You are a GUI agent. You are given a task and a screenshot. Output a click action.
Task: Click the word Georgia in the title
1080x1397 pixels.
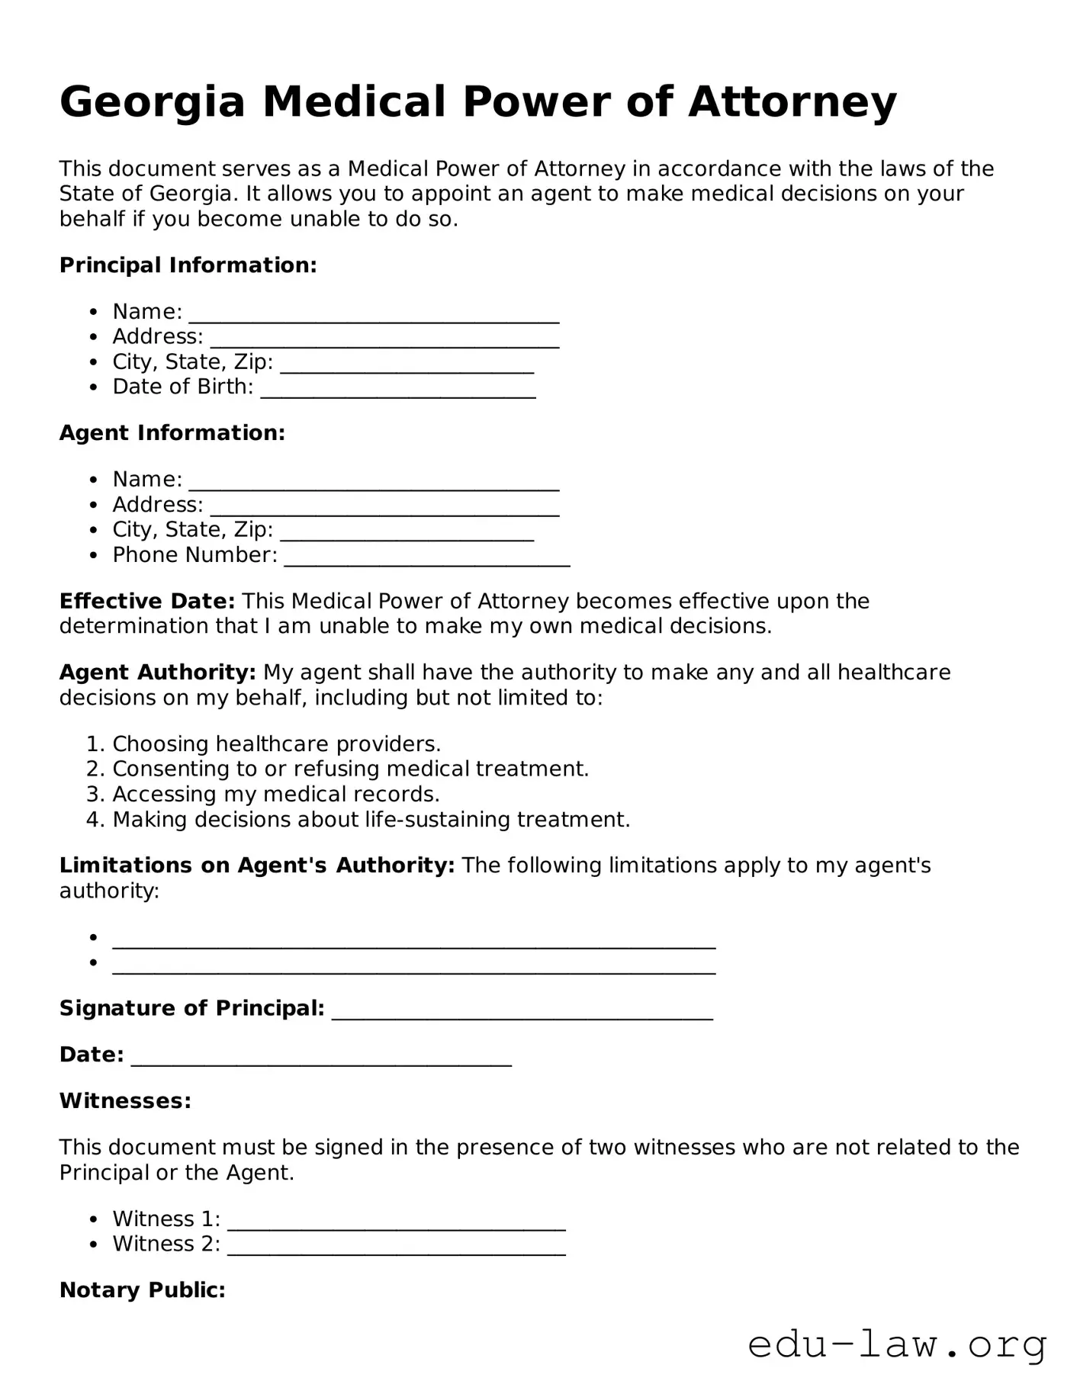(x=152, y=102)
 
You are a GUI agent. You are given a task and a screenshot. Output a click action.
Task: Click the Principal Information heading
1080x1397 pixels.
(x=188, y=265)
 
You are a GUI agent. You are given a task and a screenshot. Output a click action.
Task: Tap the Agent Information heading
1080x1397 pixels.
(x=172, y=433)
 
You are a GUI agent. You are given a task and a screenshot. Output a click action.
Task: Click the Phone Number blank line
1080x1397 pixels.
(x=426, y=559)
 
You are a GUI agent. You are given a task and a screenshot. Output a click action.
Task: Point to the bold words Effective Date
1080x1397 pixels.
(x=147, y=601)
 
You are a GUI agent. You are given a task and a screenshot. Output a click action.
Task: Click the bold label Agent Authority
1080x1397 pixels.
(x=157, y=673)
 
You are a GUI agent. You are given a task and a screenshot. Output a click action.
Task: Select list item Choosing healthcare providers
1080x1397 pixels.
(x=276, y=743)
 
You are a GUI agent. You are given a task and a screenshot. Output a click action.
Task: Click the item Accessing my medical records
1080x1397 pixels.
(x=275, y=794)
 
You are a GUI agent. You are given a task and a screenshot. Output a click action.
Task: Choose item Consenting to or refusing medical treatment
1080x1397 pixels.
(x=350, y=769)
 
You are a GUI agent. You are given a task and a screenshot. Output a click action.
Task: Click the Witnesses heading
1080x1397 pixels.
(x=125, y=1101)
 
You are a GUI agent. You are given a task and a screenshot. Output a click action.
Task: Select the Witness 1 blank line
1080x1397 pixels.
(x=396, y=1222)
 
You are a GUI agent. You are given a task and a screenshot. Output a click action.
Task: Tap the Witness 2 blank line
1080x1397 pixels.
(x=396, y=1248)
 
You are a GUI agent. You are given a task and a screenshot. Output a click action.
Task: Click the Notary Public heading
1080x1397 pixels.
(x=142, y=1290)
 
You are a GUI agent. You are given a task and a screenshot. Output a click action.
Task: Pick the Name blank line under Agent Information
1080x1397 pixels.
(x=374, y=483)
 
